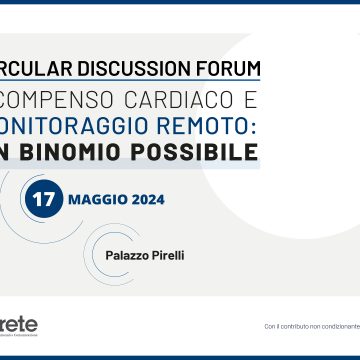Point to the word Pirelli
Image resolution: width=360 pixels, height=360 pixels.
tap(169, 255)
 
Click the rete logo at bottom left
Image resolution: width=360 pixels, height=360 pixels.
tap(19, 325)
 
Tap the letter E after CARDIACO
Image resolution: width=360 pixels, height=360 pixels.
tap(250, 100)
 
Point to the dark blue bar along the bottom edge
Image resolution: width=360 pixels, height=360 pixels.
tap(180, 357)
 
